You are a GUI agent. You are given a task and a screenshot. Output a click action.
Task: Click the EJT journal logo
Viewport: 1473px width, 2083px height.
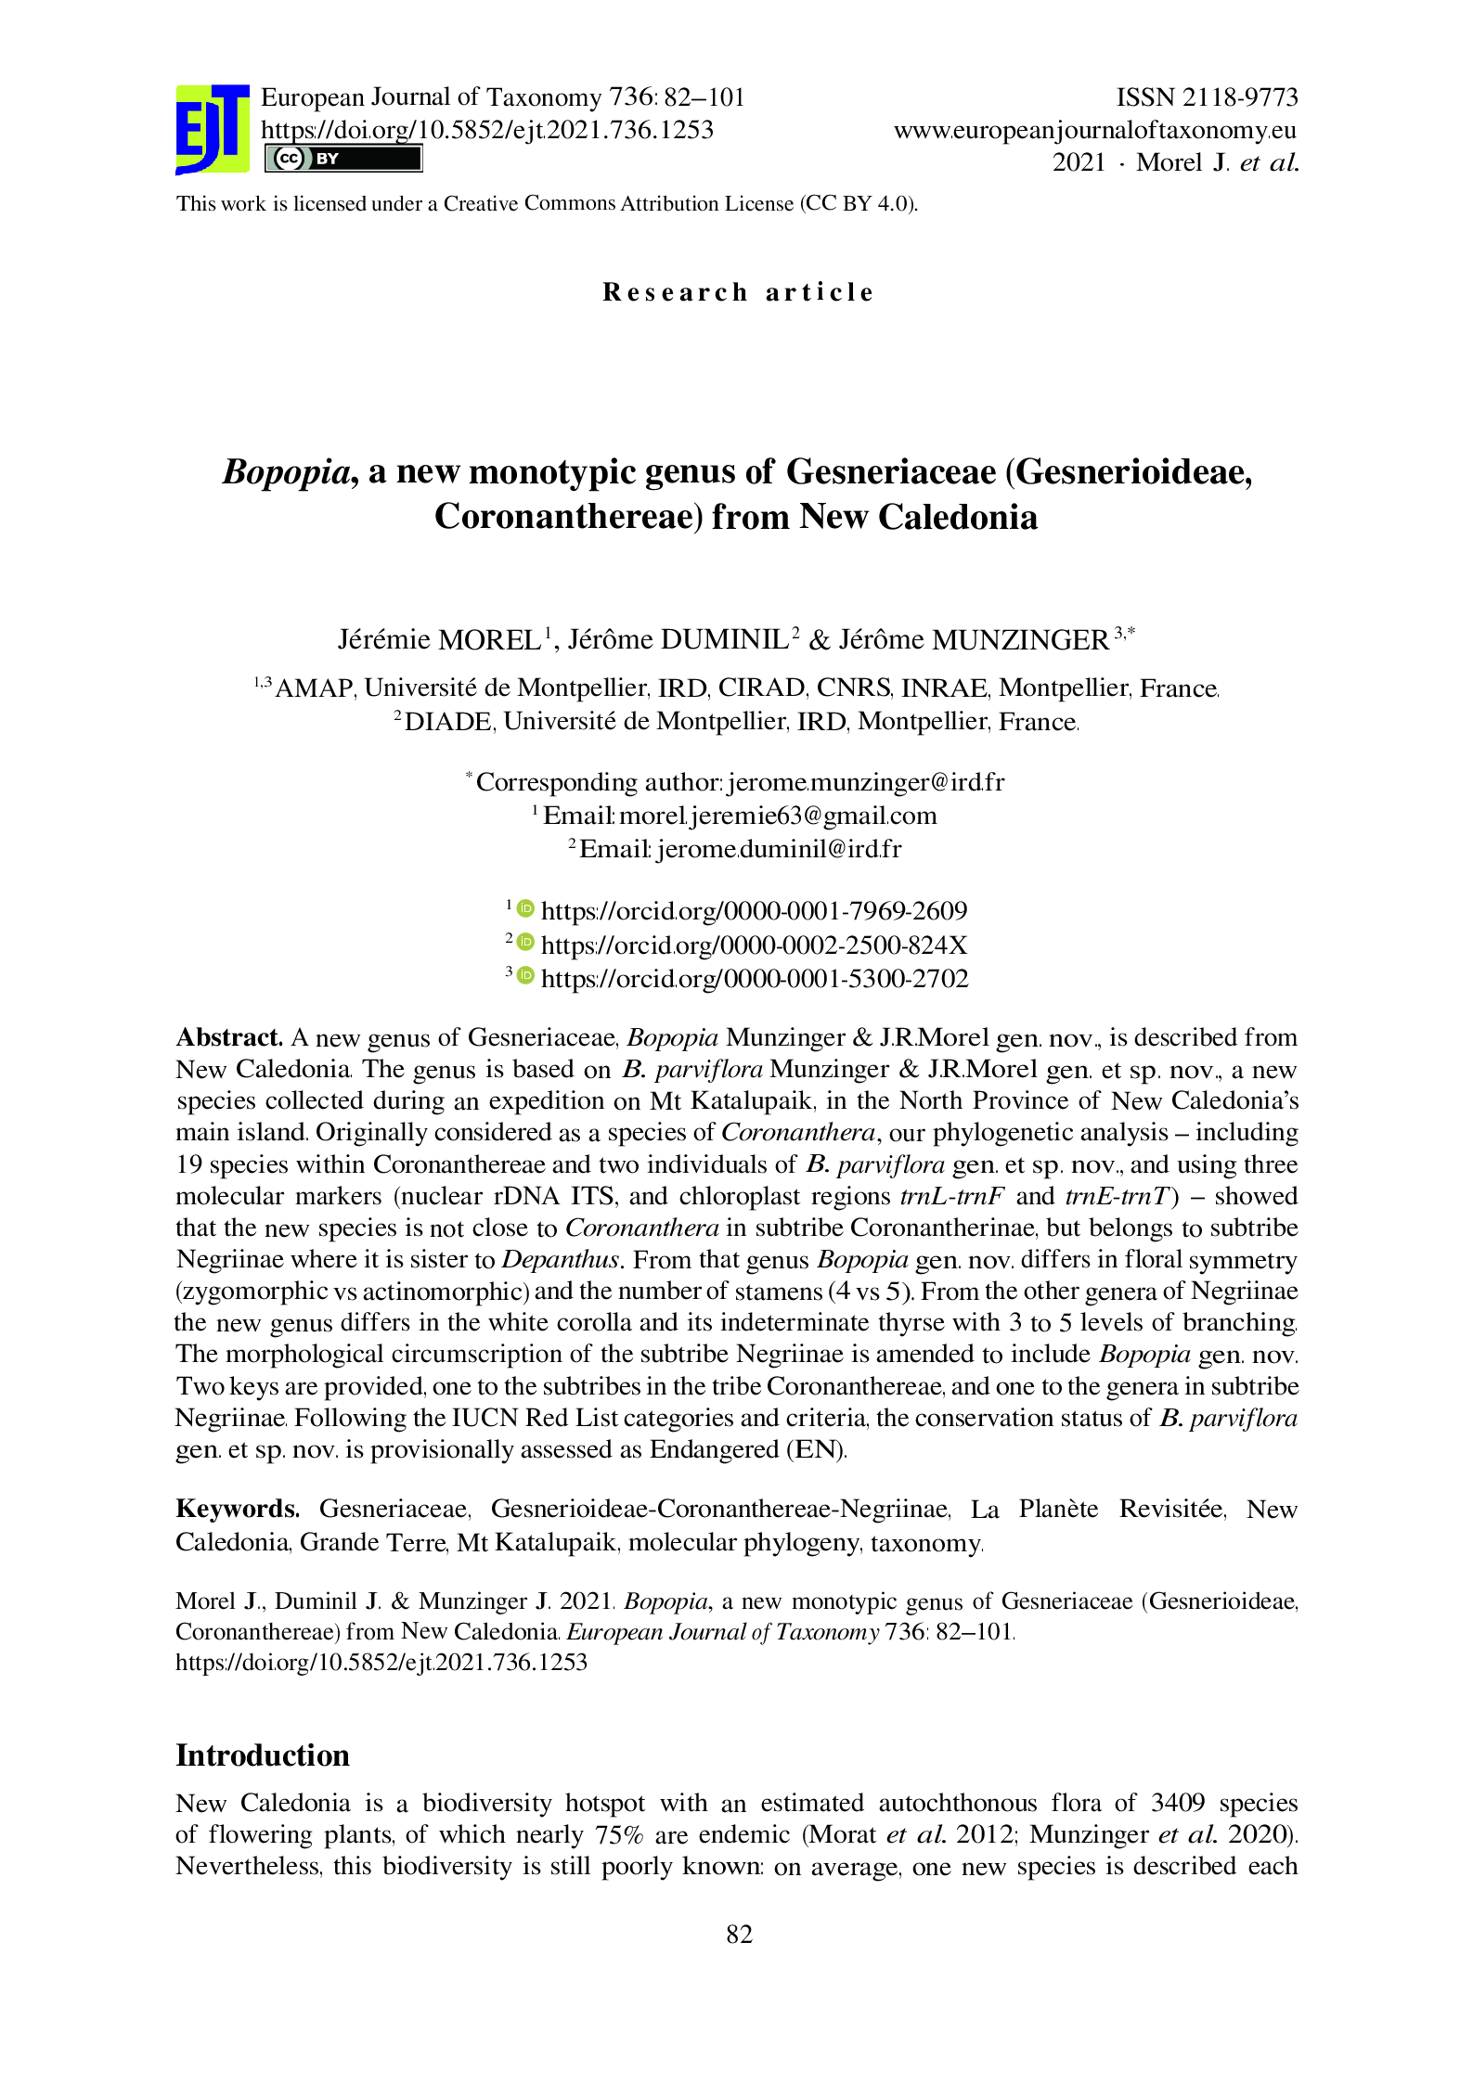pyautogui.click(x=213, y=129)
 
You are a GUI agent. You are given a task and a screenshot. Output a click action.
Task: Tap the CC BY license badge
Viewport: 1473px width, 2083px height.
pyautogui.click(x=342, y=159)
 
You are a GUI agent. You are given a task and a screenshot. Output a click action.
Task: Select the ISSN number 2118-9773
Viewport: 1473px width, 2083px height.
pyautogui.click(x=1207, y=97)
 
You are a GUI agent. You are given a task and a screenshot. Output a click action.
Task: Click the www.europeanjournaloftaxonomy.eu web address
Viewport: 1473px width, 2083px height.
pyautogui.click(x=1094, y=130)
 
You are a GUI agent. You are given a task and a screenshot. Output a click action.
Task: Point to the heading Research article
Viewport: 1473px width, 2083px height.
pyautogui.click(x=738, y=292)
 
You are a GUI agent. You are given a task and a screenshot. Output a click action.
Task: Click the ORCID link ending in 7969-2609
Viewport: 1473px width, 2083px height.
pyautogui.click(x=754, y=911)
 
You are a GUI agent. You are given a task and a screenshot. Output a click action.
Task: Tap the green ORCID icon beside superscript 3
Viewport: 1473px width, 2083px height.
pyautogui.click(x=525, y=976)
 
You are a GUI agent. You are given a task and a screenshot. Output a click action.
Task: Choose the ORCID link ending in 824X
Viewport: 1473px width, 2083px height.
pyautogui.click(x=754, y=945)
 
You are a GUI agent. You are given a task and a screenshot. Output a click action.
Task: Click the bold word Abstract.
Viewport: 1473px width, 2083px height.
pyautogui.click(x=229, y=1037)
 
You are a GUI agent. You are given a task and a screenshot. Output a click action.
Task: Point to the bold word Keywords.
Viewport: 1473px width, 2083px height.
pyautogui.click(x=238, y=1510)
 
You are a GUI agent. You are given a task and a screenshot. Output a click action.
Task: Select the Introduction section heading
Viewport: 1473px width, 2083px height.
pyautogui.click(x=263, y=1755)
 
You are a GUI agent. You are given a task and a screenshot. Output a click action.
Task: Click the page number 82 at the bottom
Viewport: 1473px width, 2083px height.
pyautogui.click(x=739, y=1934)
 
